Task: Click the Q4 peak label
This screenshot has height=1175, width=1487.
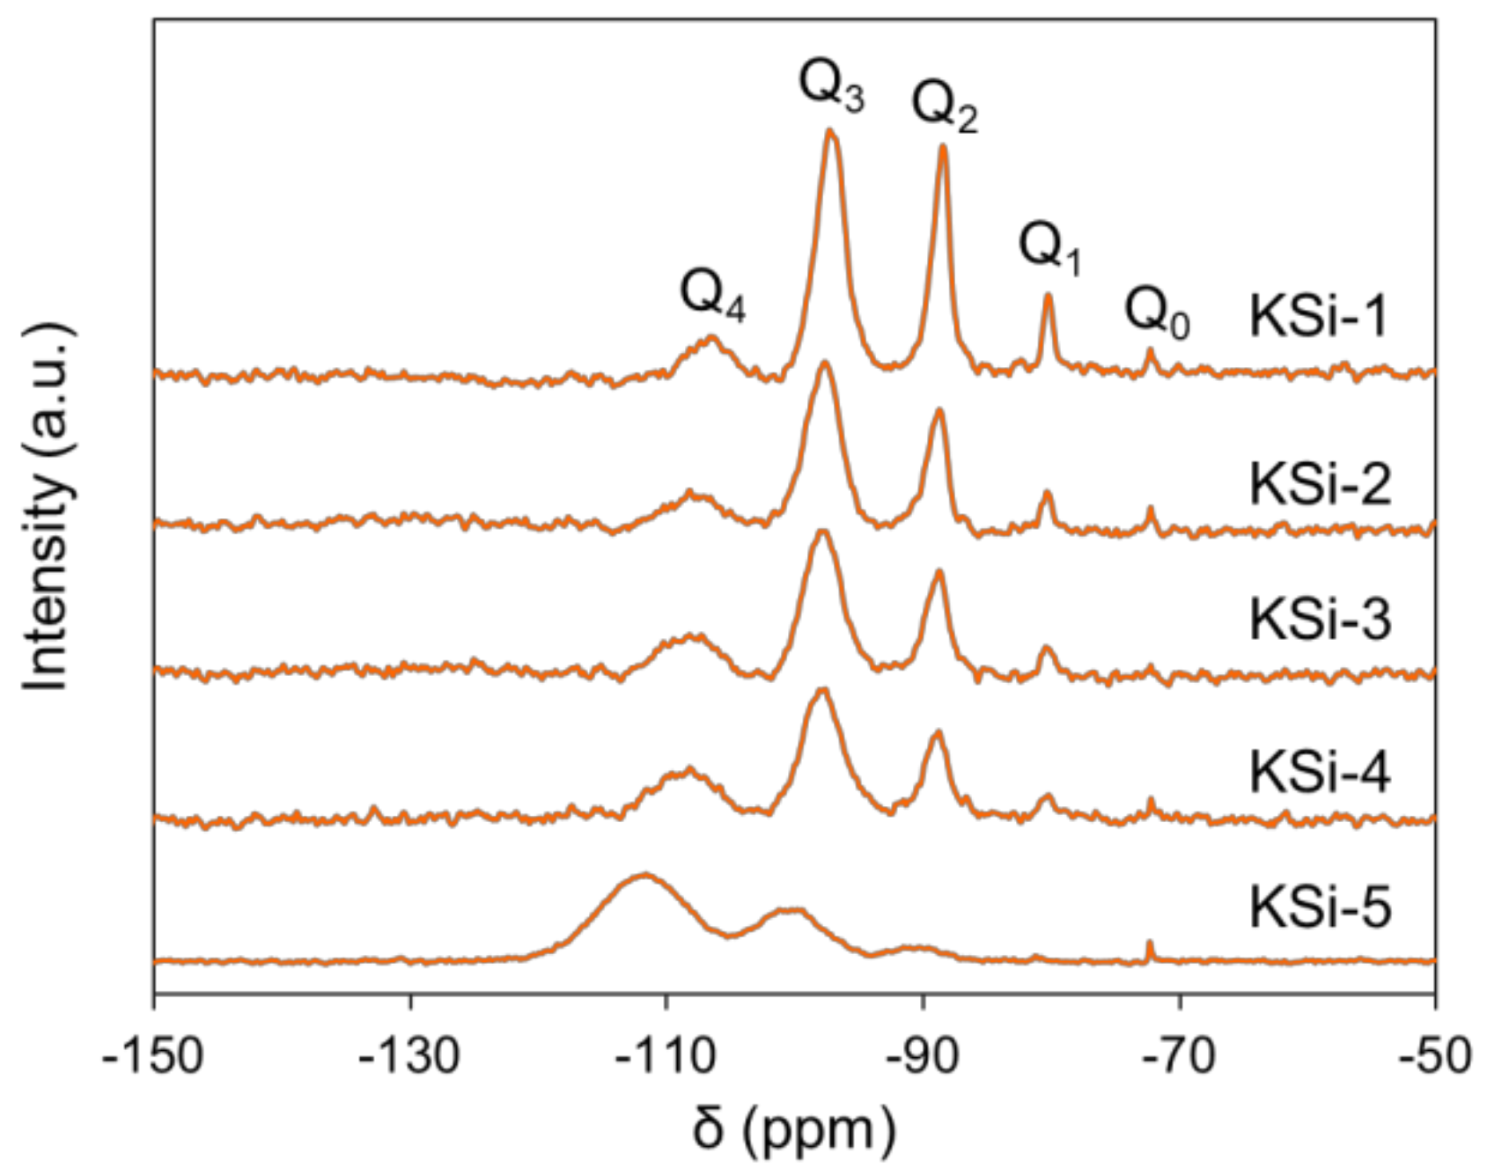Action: tap(712, 296)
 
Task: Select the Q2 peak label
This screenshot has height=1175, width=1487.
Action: tap(945, 108)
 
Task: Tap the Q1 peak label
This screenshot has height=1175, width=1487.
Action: tap(1050, 248)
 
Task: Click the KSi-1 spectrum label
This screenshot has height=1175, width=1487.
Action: tap(1318, 317)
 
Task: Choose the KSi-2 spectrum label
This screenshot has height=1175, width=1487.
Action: tap(1320, 484)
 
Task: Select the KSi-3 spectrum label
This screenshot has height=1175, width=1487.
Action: tap(1320, 620)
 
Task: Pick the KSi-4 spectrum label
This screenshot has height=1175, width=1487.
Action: tap(1320, 773)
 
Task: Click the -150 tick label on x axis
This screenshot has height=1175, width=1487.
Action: tap(153, 1054)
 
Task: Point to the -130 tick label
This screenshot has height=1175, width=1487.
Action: tap(409, 1054)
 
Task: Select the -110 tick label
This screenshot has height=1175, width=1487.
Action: tap(666, 1054)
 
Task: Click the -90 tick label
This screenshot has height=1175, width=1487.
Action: tap(923, 1054)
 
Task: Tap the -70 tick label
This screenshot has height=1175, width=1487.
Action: tap(1180, 1054)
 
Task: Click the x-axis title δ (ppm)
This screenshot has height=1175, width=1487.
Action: tap(793, 1131)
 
